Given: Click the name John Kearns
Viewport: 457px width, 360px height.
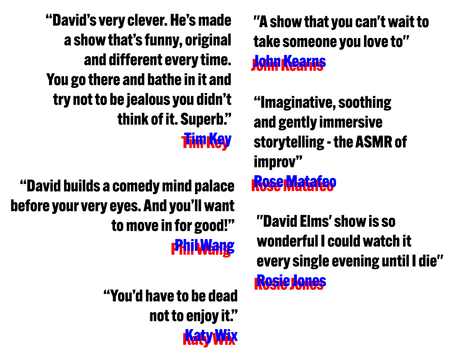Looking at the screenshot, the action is [x=290, y=61].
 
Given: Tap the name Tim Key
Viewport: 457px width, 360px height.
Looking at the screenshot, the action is [x=208, y=139].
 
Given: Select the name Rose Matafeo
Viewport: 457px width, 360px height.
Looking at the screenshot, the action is [x=295, y=182].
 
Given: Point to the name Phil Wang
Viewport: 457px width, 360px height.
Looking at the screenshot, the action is [x=205, y=245].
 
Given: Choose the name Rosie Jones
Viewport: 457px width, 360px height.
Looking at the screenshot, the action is [x=291, y=280].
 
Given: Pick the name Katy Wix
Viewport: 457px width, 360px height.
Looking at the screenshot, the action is [x=211, y=335].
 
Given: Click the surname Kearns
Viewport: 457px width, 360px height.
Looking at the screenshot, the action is [x=304, y=61].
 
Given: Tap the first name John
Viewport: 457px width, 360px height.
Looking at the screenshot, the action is [x=267, y=61].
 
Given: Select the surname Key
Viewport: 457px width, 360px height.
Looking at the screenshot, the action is [x=220, y=139].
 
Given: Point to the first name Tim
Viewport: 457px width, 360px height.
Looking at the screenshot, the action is [x=195, y=139].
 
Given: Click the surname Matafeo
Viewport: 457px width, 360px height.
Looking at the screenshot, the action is [x=311, y=182].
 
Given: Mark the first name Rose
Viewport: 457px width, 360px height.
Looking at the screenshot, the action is [x=268, y=182].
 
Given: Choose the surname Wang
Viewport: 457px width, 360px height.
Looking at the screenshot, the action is [x=217, y=245].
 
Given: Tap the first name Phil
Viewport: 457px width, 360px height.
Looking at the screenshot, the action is [x=186, y=245].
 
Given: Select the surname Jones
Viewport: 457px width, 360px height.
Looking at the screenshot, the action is [x=309, y=280].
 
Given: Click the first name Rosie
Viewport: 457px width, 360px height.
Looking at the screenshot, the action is [x=273, y=280].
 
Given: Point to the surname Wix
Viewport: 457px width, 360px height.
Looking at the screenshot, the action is [x=226, y=335].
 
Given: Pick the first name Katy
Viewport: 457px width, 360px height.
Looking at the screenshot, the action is [x=198, y=335].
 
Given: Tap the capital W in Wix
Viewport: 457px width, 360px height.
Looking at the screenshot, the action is [x=221, y=335].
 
